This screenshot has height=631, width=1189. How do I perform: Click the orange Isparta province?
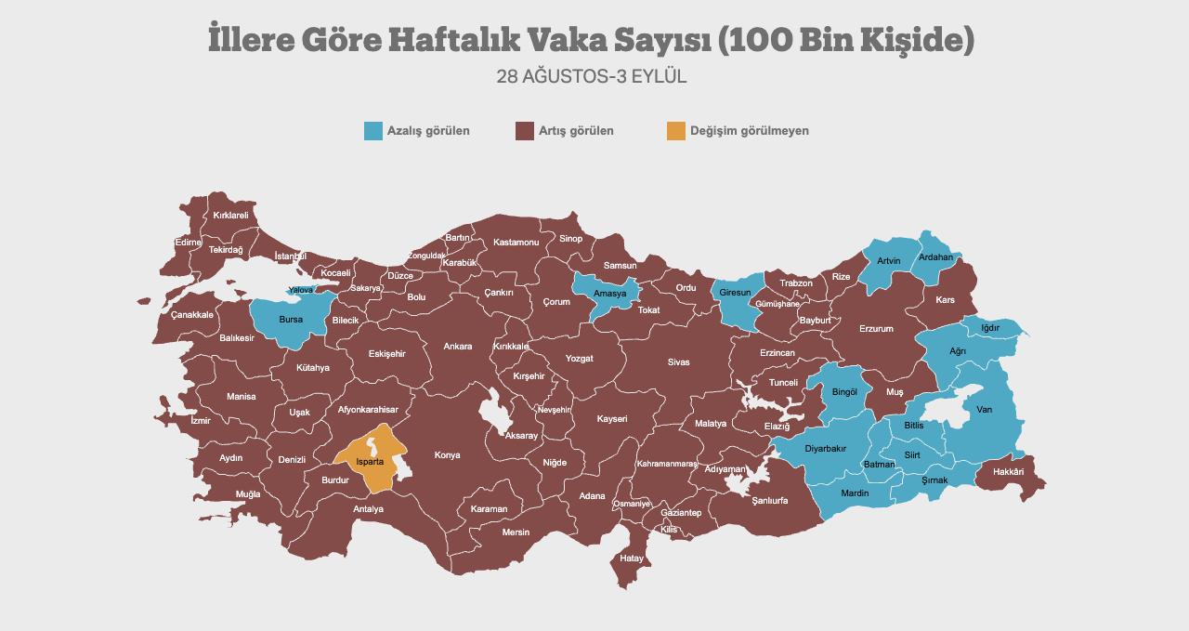click(371, 461)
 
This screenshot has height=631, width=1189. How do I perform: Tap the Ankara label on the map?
click(457, 347)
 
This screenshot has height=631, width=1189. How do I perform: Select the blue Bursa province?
click(291, 320)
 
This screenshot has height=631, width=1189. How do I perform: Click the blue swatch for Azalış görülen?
click(373, 131)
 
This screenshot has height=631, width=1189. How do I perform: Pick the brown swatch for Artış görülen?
click(524, 131)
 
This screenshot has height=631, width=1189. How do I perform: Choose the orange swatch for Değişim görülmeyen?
click(675, 131)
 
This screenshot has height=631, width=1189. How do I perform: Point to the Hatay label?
click(632, 559)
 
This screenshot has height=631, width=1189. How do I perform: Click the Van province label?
click(984, 410)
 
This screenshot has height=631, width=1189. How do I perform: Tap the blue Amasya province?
click(610, 294)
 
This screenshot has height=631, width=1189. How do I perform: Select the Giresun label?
click(736, 293)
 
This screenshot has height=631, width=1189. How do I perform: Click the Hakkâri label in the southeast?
click(1008, 472)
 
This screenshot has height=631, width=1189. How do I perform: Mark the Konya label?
click(447, 455)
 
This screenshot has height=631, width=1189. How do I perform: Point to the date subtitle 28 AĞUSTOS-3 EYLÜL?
click(592, 77)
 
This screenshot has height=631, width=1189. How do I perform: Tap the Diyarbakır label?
click(825, 449)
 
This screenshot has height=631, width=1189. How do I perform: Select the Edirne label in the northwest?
click(188, 243)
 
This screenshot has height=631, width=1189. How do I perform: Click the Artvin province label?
click(889, 261)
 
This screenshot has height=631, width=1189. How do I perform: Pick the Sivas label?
click(679, 362)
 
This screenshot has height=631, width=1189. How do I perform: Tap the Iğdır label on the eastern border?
click(990, 328)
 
